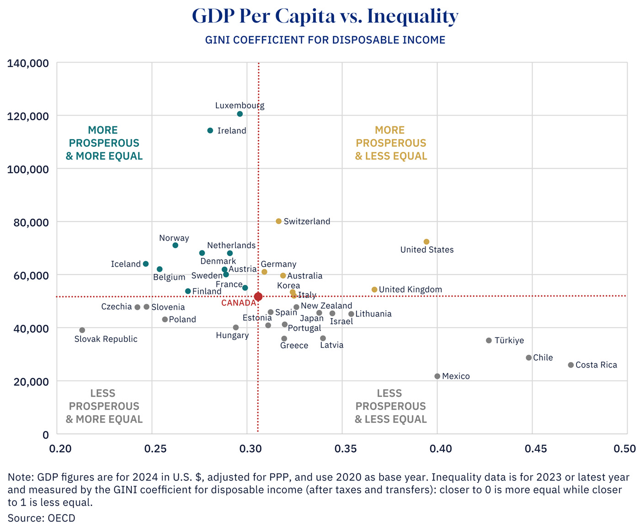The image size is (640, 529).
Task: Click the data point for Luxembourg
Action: point(240,114)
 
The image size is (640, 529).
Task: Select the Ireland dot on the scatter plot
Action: point(210,131)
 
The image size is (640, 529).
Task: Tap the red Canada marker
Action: point(258,297)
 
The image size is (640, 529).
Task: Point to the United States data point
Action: point(427,242)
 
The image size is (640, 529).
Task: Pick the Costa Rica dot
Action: point(571,365)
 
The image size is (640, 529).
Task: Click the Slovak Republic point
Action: point(82,330)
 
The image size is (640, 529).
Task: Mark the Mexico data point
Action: point(437,376)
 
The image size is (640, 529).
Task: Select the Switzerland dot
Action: point(279,221)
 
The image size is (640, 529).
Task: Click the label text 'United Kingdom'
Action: point(410,289)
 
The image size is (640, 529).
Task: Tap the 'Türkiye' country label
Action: point(509,341)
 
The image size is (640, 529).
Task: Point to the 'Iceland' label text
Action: point(126,264)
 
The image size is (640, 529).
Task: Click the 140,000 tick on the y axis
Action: point(28,63)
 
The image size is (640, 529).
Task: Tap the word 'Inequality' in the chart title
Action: point(412,16)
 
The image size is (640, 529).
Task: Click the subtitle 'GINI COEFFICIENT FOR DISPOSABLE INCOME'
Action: point(325,40)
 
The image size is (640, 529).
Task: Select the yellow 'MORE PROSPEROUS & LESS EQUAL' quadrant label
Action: point(391,143)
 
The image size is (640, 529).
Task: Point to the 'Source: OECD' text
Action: point(42,518)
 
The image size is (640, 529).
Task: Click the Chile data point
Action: point(529,358)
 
